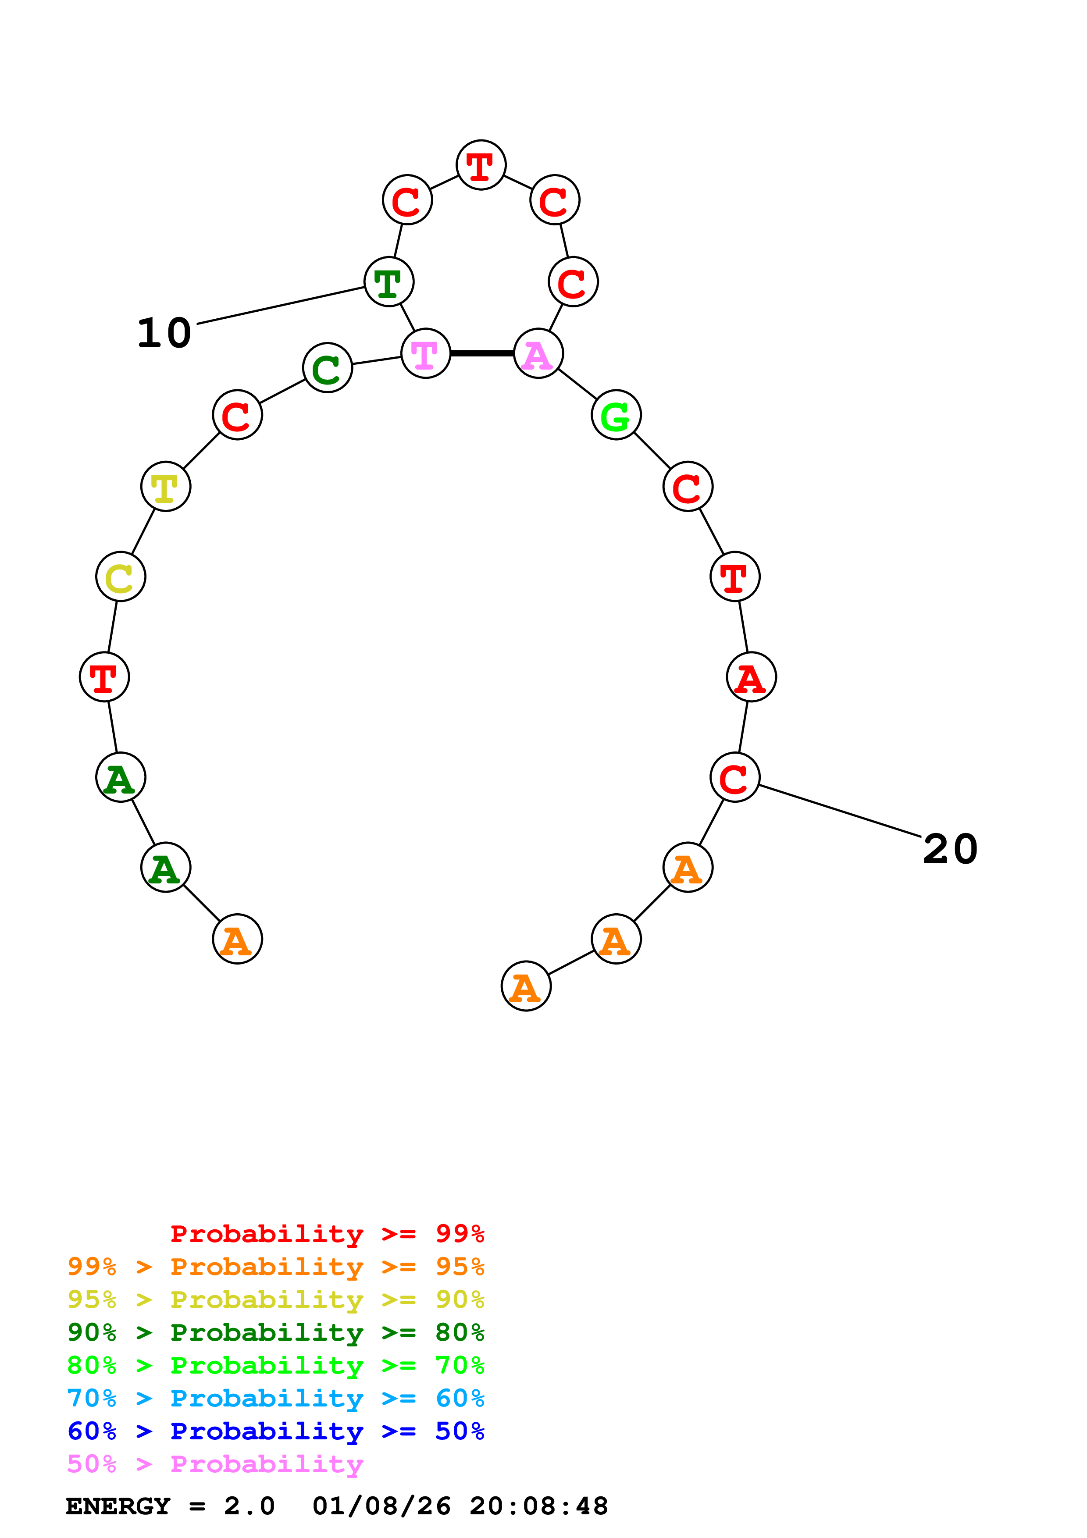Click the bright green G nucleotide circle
pos(616,415)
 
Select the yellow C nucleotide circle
pos(121,577)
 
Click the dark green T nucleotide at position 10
pos(388,281)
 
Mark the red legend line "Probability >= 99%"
pos(327,1234)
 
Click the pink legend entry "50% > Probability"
pos(214,1464)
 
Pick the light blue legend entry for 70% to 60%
pos(275,1399)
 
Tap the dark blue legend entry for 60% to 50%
pos(275,1431)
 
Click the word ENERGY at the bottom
pos(118,1506)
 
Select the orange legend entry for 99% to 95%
pos(275,1267)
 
